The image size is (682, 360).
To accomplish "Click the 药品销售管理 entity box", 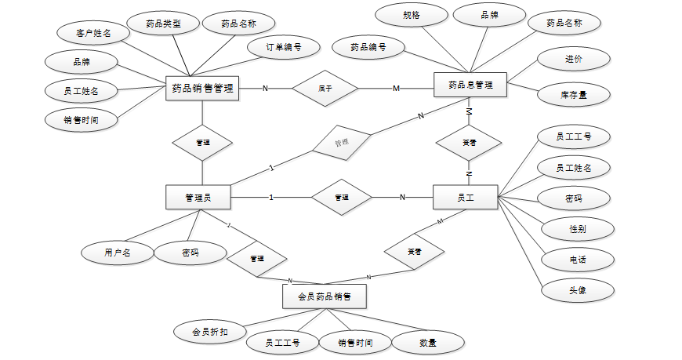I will [x=203, y=88].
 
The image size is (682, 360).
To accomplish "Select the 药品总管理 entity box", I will [x=470, y=85].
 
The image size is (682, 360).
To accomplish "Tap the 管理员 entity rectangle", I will [x=198, y=197].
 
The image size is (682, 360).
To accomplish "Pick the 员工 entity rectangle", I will [x=466, y=197].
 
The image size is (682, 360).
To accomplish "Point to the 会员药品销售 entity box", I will [x=324, y=297].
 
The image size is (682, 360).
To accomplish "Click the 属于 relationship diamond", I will [x=325, y=88].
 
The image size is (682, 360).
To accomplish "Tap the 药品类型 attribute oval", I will [x=163, y=24].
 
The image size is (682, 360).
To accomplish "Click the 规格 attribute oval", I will [x=412, y=15].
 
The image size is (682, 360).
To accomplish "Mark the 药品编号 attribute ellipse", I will [x=368, y=47].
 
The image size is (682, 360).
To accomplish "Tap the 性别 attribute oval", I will [x=577, y=229].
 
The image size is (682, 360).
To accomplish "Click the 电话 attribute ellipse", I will [x=578, y=260].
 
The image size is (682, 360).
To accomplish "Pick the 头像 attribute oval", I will [x=578, y=289].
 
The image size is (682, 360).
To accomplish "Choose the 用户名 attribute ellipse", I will [x=117, y=253].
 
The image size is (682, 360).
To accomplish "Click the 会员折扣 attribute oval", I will [x=209, y=331].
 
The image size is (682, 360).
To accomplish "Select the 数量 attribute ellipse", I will [x=428, y=342].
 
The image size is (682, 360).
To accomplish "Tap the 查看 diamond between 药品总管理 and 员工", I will [x=469, y=144].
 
